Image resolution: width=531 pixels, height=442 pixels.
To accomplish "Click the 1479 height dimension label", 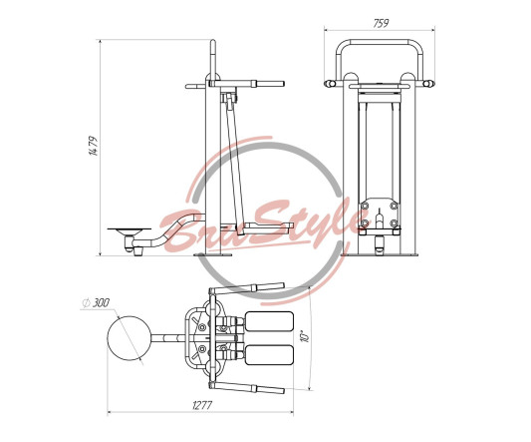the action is (94, 146).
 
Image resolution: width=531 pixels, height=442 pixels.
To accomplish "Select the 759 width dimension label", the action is (381, 23).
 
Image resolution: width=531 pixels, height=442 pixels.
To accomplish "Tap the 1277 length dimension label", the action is (202, 405).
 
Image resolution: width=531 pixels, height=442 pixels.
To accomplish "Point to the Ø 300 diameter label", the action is (97, 302).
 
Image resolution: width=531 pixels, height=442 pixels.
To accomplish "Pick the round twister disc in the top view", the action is (129, 338).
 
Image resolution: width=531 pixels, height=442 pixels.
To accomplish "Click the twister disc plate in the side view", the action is (130, 229).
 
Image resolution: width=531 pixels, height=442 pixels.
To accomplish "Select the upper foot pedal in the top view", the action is (269, 321).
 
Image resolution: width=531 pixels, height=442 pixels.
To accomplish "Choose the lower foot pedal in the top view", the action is (269, 355).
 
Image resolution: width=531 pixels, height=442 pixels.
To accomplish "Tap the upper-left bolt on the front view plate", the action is (365, 206).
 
